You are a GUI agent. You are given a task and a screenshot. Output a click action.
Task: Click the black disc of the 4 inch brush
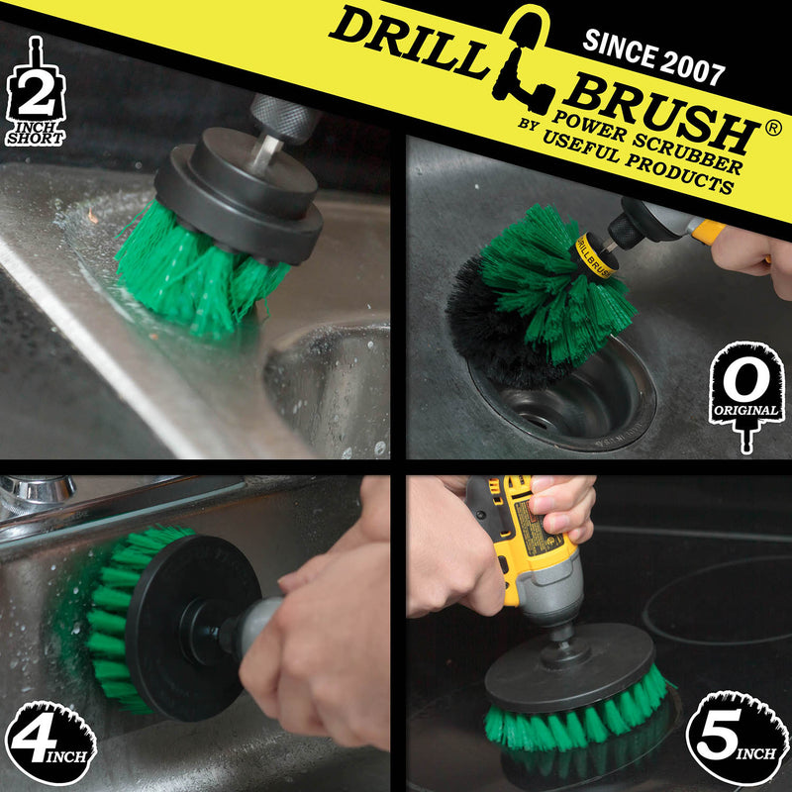pos(188,624)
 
